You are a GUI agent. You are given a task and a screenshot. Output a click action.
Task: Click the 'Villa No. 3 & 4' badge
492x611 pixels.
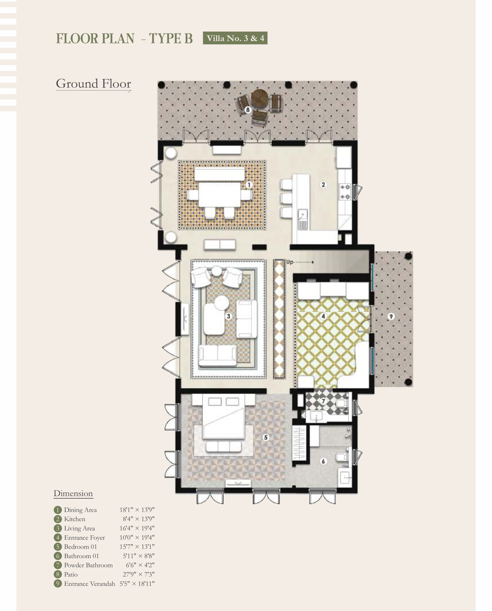tap(235, 38)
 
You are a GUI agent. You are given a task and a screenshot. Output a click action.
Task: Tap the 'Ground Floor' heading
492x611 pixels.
tap(93, 84)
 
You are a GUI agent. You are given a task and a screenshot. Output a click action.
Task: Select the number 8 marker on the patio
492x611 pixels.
tap(248, 110)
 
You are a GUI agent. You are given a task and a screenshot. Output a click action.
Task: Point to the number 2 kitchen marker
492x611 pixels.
tap(323, 184)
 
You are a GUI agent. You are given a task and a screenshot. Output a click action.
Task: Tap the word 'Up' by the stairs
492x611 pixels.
tap(289, 262)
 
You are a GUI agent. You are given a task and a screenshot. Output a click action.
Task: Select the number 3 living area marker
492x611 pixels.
tap(228, 316)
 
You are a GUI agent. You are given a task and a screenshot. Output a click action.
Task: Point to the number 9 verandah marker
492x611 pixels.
tap(391, 316)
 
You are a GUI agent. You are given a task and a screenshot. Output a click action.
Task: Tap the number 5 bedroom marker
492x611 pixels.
tap(266, 437)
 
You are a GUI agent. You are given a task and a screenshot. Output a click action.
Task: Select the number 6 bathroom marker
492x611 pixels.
tap(323, 461)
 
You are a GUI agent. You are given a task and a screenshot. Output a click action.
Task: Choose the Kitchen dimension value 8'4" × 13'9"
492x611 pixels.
tap(138, 519)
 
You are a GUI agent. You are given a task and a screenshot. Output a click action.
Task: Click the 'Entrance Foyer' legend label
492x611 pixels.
tap(84, 537)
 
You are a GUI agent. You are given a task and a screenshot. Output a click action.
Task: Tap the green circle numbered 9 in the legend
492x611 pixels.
tap(58, 584)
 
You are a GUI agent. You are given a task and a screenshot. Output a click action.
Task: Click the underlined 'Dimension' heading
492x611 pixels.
tap(73, 494)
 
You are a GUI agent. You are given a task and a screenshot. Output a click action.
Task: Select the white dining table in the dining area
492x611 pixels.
tap(220, 195)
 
